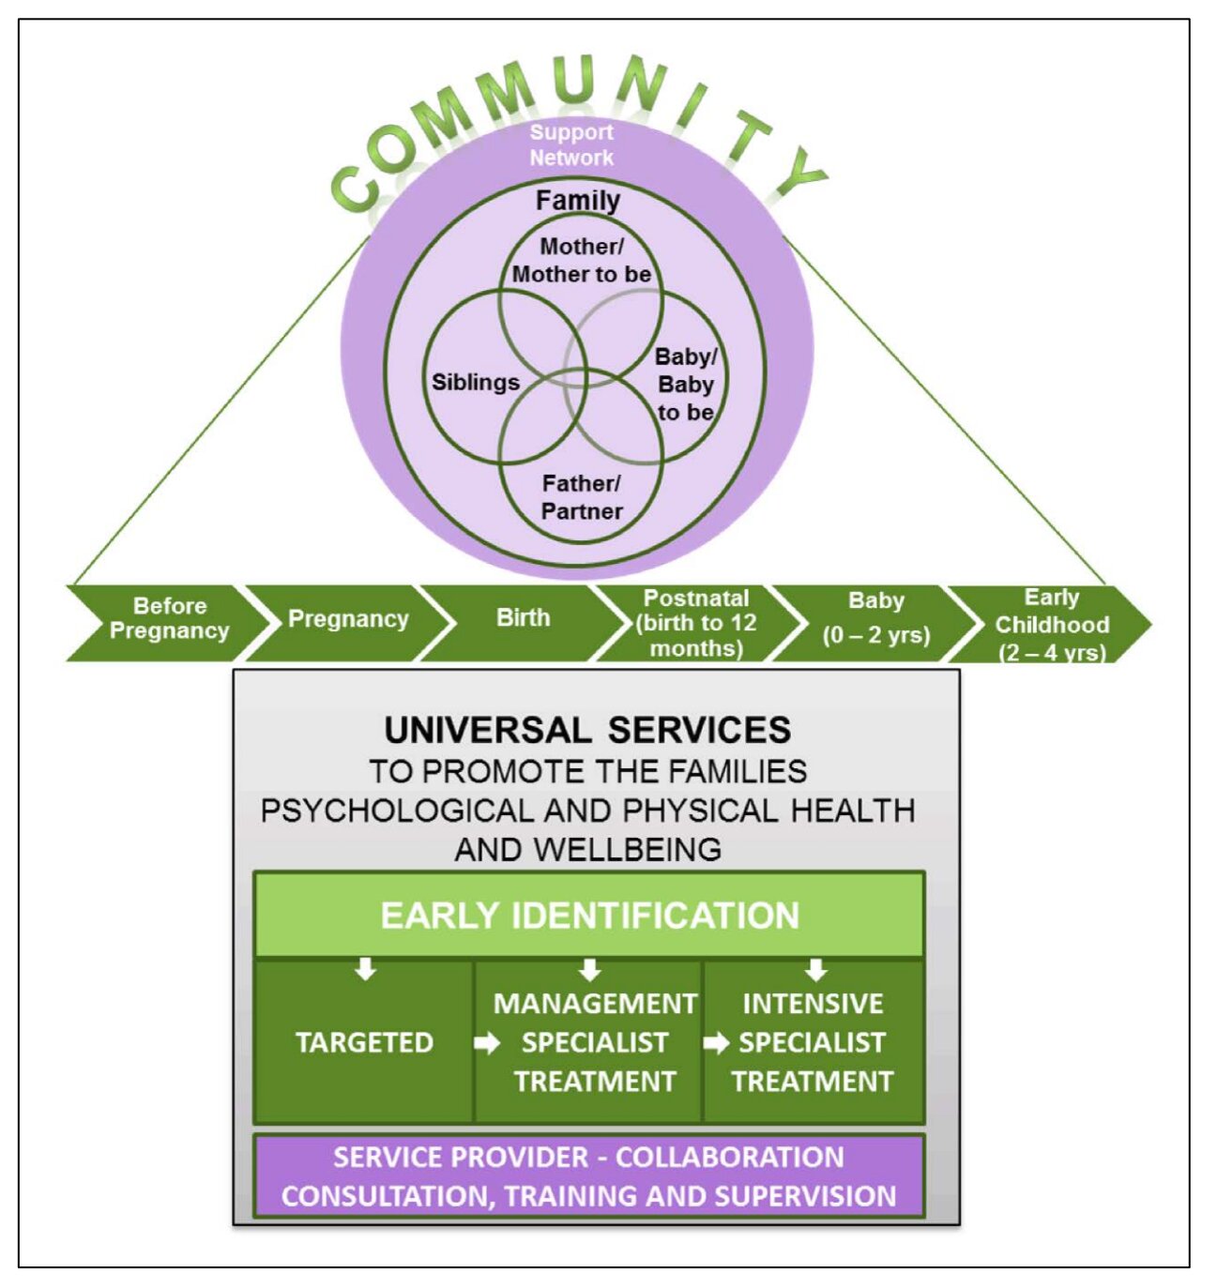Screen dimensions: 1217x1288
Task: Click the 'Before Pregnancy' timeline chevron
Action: pos(169,623)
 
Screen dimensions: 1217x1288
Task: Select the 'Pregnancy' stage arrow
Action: pos(348,623)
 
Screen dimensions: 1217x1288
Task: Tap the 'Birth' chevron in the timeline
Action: pos(523,623)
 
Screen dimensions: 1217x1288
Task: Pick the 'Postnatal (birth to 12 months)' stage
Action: pos(698,623)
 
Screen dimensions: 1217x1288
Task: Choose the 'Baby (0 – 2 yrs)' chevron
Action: pos(875,623)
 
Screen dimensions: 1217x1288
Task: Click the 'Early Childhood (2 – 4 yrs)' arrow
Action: pos(1051,623)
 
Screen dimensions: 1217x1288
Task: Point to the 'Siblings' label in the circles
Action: pos(476,383)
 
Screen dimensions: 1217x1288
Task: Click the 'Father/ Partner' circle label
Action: pos(582,497)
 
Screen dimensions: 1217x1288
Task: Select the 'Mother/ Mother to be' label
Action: pos(582,260)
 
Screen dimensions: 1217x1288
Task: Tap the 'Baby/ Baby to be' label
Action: pos(686,385)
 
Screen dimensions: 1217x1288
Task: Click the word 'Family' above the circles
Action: pos(578,201)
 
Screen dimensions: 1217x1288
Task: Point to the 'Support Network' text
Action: pos(571,144)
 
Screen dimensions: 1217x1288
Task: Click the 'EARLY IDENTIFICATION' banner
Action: pos(589,915)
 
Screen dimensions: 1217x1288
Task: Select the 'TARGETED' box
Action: pos(365,1042)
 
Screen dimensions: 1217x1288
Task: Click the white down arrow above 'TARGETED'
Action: pos(366,970)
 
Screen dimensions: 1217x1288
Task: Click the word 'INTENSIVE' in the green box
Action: pos(813,1004)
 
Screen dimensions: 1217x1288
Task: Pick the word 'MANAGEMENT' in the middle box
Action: pos(595,1004)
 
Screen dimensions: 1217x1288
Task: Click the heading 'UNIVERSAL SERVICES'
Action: pos(587,730)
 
